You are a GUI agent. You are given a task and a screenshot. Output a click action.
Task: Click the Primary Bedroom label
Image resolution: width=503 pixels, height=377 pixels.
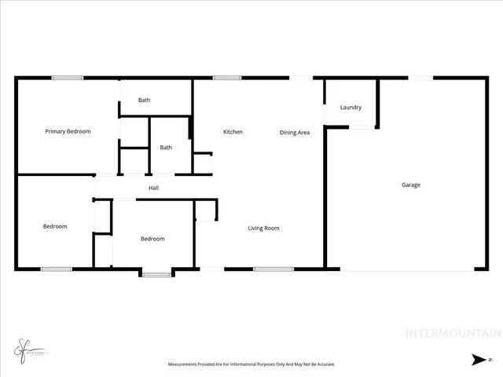tap(68, 132)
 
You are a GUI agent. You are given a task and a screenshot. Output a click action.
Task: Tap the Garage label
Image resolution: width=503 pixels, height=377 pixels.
tap(411, 185)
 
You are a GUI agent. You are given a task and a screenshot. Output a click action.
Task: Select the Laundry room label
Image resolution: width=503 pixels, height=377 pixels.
tap(351, 108)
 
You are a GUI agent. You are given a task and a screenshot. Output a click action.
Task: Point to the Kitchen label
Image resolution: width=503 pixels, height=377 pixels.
tap(233, 132)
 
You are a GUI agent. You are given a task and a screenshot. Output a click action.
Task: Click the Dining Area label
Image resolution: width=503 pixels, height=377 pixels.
tap(295, 133)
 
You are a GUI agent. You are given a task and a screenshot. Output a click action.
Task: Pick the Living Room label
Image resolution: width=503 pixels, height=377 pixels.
tap(264, 229)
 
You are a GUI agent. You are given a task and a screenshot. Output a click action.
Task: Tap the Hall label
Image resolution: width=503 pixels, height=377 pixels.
tap(154, 188)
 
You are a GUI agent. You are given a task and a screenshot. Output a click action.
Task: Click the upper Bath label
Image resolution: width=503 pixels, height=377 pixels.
tap(145, 100)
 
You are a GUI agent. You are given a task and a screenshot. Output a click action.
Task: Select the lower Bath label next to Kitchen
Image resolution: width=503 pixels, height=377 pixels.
tap(166, 148)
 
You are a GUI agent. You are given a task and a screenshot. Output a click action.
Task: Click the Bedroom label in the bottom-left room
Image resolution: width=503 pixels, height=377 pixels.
tap(55, 227)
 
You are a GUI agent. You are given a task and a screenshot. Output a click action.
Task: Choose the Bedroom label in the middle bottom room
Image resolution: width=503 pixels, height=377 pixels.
tap(152, 239)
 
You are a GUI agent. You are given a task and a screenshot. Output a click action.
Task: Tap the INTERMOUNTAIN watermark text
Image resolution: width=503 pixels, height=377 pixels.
tap(453, 333)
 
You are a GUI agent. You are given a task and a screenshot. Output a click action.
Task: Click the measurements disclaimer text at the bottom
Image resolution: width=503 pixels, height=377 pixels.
tap(251, 364)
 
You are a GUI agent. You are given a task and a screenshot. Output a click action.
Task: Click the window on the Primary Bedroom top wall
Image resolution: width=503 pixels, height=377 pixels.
tap(68, 77)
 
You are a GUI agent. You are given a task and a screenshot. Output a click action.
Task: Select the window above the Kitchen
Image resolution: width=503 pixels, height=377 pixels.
tap(227, 77)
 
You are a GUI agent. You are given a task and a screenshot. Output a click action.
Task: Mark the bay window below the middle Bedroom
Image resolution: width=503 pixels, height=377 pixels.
tap(156, 274)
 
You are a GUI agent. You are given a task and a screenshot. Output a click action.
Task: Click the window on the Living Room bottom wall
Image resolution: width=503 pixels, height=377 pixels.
tap(274, 270)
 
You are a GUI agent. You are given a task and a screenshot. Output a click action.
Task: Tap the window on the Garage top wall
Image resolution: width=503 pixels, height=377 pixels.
tap(419, 77)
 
